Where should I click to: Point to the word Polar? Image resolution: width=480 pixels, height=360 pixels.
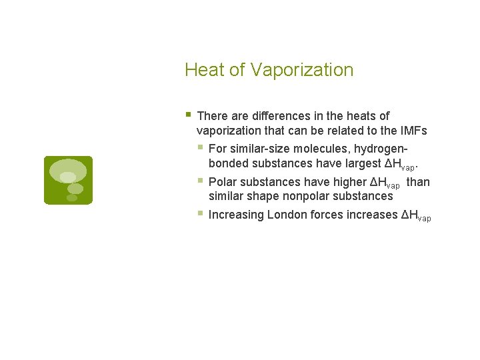tap(221, 182)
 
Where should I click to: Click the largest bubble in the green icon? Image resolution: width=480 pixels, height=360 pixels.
tap(68, 170)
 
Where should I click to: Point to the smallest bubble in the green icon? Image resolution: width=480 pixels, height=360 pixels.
tap(72, 198)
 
